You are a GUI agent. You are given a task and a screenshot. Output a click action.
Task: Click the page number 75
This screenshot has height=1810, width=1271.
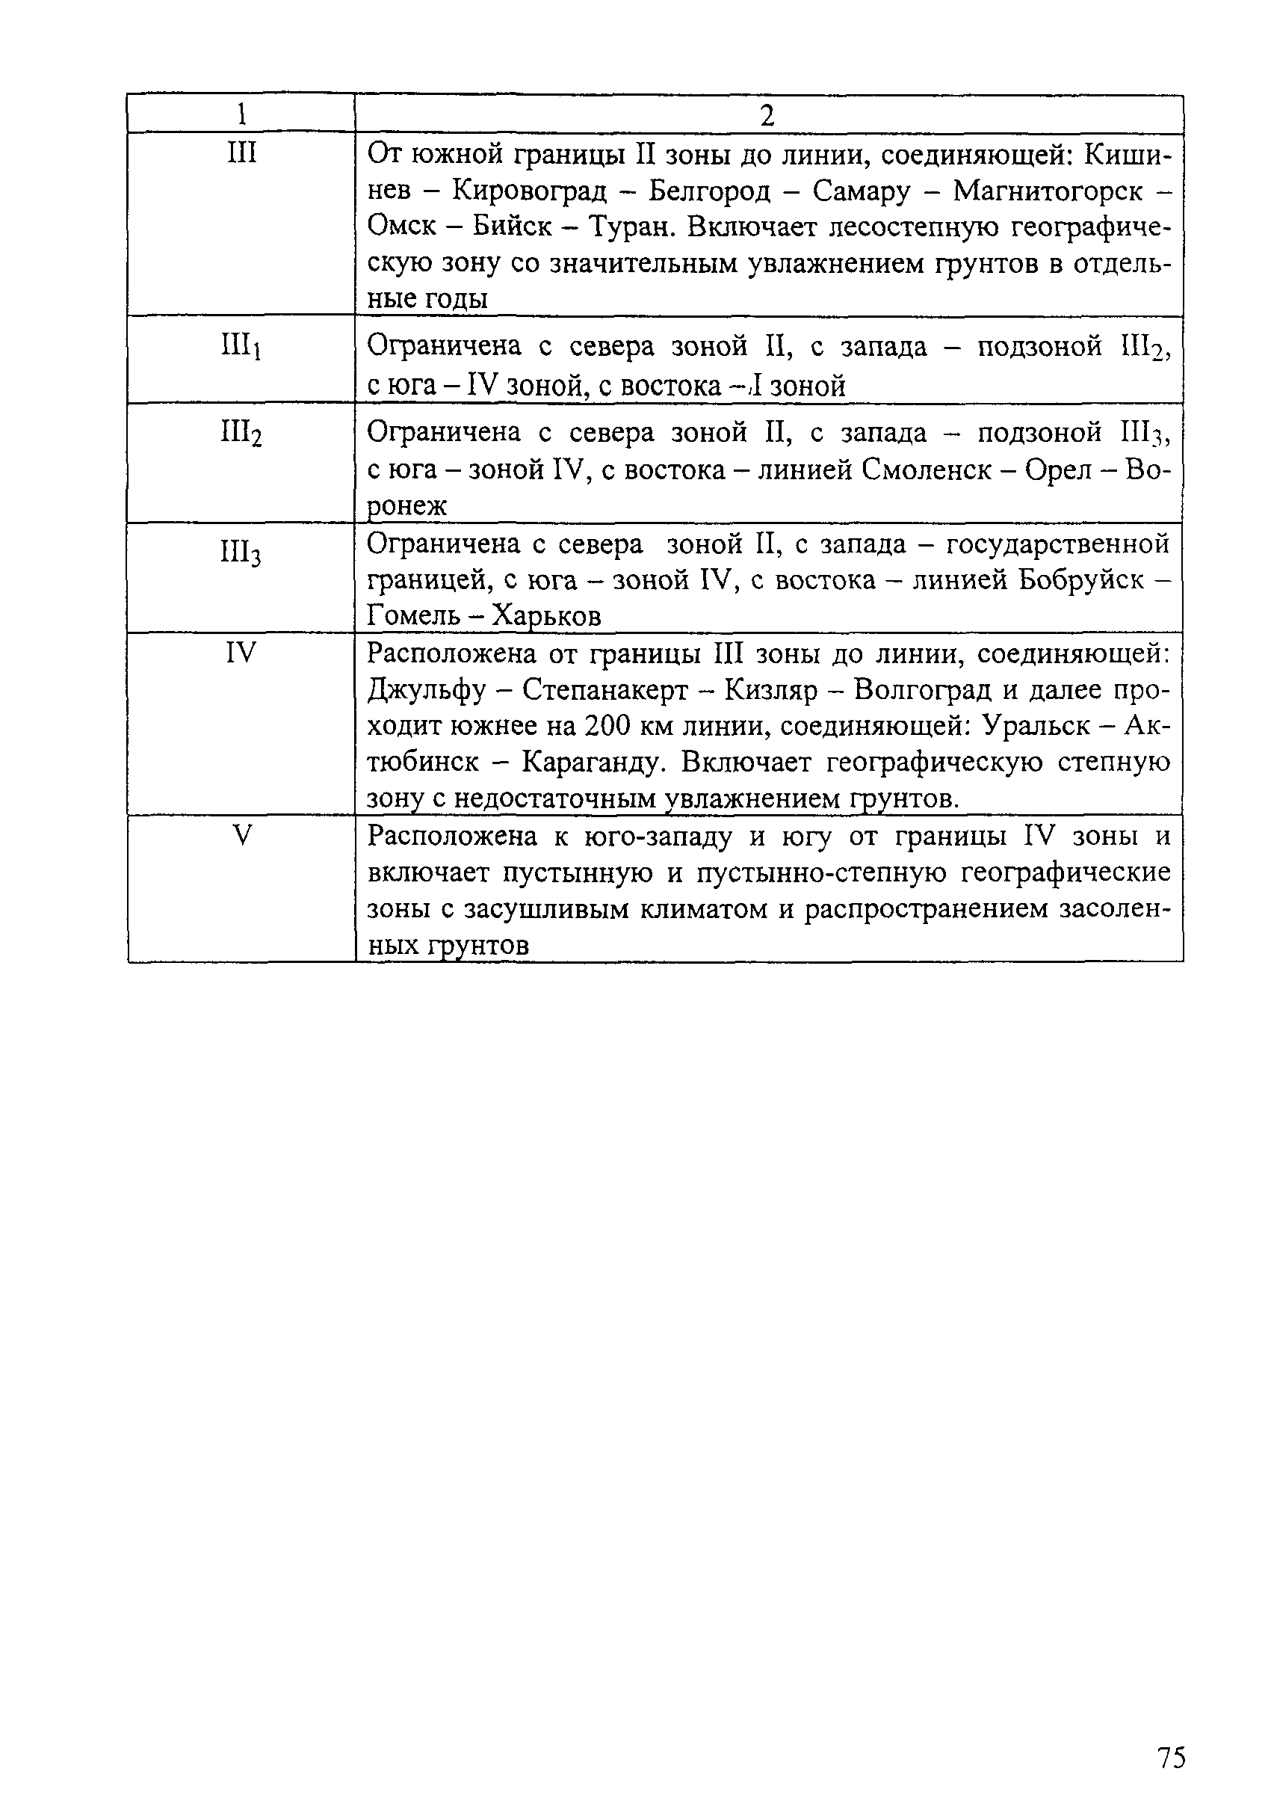(1171, 1735)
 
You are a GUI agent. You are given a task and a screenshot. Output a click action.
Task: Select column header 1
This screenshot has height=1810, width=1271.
(241, 115)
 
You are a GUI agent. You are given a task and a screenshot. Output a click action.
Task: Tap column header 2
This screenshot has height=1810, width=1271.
(767, 116)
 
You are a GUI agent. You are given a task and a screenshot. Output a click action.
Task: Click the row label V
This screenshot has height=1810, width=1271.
(241, 835)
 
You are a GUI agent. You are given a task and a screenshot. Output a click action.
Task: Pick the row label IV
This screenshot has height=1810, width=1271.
(241, 653)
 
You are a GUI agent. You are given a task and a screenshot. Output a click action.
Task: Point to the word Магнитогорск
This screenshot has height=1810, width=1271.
(1048, 191)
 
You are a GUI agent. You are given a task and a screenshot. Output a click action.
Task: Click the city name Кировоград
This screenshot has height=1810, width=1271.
(530, 191)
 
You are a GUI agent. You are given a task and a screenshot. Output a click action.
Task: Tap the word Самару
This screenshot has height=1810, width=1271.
(862, 191)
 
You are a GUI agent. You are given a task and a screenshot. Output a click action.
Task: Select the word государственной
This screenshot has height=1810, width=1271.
(1057, 544)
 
